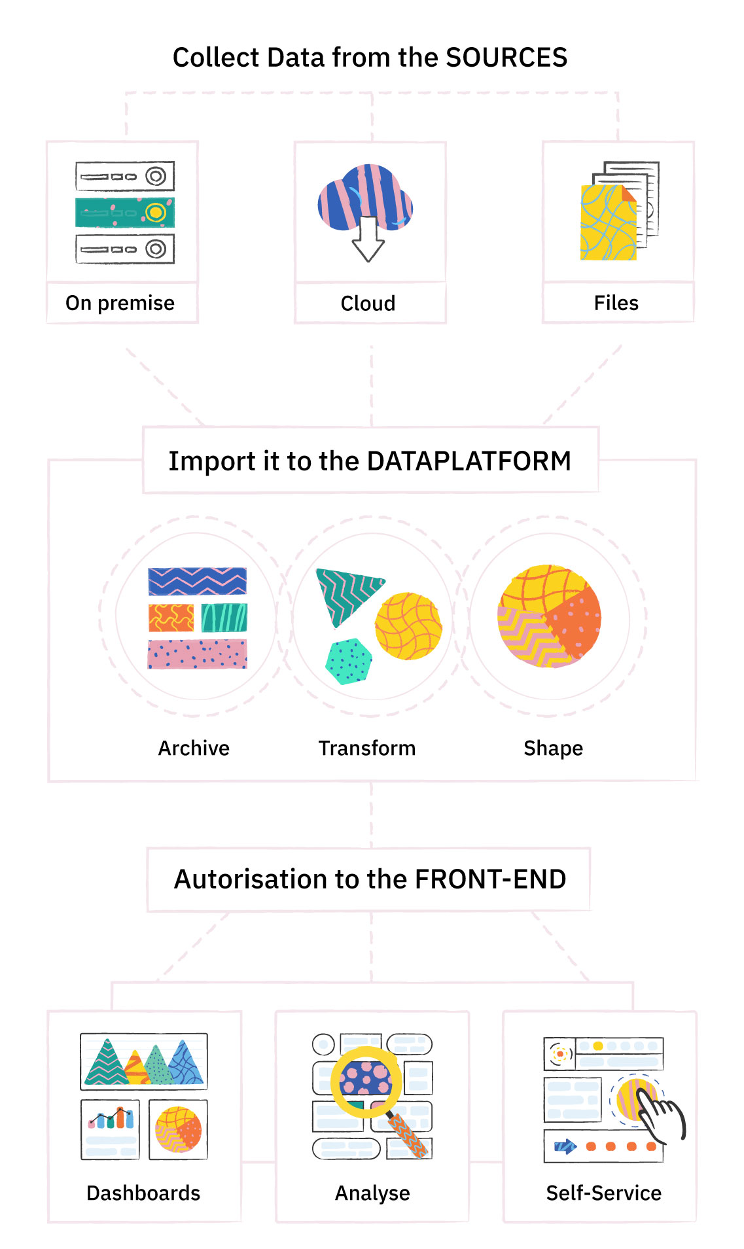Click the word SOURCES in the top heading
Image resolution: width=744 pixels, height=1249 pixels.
point(506,58)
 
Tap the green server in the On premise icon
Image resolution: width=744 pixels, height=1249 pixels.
point(124,213)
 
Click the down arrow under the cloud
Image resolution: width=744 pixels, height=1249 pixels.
point(368,242)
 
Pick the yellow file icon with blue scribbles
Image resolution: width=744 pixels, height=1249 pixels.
point(608,222)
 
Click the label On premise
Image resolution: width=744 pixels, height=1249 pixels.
point(120,303)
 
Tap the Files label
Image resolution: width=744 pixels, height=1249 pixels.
point(616,303)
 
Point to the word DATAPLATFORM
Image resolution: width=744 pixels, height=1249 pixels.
point(469,461)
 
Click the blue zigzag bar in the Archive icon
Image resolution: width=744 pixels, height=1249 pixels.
point(197,581)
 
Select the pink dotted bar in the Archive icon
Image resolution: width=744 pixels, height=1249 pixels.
point(197,654)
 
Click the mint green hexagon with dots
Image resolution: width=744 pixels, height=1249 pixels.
point(348,661)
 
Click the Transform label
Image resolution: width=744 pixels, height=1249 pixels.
point(366,748)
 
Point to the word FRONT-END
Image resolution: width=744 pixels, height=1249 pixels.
point(490,879)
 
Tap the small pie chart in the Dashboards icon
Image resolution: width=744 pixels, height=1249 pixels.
point(178,1129)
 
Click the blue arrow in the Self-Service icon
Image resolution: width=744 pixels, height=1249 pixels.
point(564,1146)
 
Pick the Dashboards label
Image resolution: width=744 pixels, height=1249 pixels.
point(143,1193)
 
